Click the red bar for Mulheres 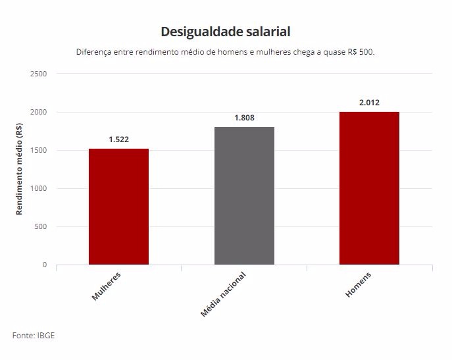pyautogui.click(x=118, y=207)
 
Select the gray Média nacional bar pyautogui.click(x=244, y=195)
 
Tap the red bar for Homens pyautogui.click(x=369, y=188)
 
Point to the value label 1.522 pyautogui.click(x=119, y=140)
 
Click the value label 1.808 pyautogui.click(x=244, y=118)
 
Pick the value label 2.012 pyautogui.click(x=369, y=103)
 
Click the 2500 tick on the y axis pyautogui.click(x=38, y=74)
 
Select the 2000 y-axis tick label pyautogui.click(x=38, y=112)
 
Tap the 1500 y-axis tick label pyautogui.click(x=38, y=150)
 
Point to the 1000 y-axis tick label pyautogui.click(x=38, y=188)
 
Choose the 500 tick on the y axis pyautogui.click(x=41, y=226)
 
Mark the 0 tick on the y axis pyautogui.click(x=45, y=265)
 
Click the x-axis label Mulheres pyautogui.click(x=107, y=286)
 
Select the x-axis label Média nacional pyautogui.click(x=224, y=294)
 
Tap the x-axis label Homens pyautogui.click(x=359, y=284)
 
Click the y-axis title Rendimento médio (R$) pyautogui.click(x=20, y=170)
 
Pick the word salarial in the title pyautogui.click(x=269, y=32)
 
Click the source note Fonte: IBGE pyautogui.click(x=33, y=336)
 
